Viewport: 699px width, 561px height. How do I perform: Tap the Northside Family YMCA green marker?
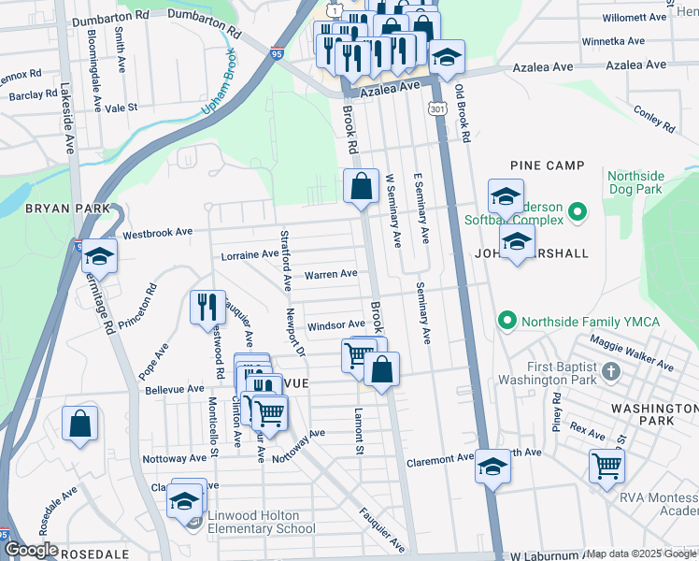coord(507,322)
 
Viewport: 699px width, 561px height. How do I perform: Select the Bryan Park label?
coord(55,208)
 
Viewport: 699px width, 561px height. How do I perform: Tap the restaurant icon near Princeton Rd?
coord(207,307)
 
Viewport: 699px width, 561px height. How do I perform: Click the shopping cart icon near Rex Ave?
coord(607,464)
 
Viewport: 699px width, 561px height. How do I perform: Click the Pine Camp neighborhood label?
coord(548,165)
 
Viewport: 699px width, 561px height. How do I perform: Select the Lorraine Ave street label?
coord(250,254)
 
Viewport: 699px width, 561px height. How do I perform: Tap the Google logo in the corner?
coord(32,550)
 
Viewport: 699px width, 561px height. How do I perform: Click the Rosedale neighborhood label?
coord(93,554)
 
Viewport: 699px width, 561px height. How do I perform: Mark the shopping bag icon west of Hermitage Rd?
coord(80,423)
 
